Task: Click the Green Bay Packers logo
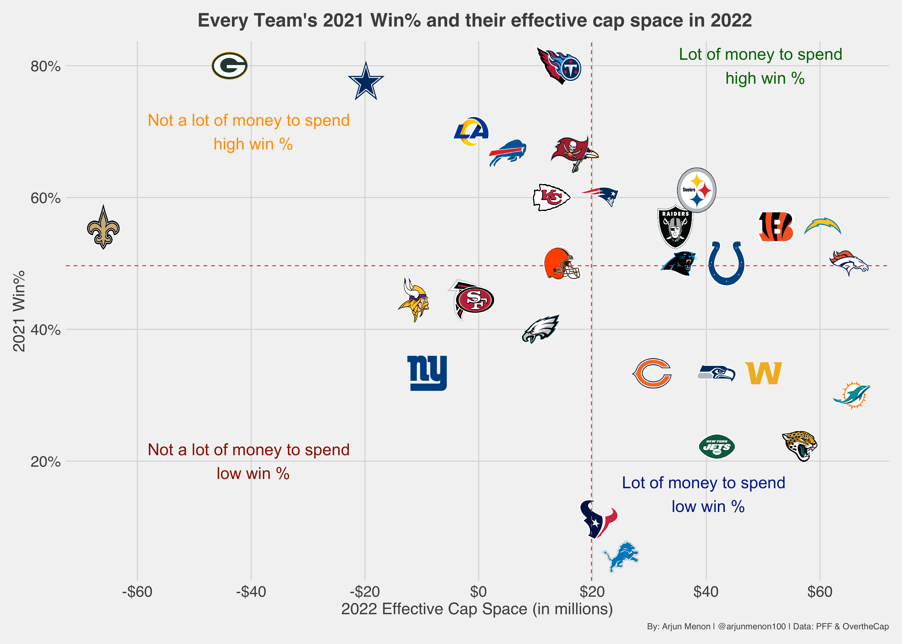[229, 66]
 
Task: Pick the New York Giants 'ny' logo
[427, 373]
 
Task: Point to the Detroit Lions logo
[621, 556]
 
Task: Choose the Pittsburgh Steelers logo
[696, 190]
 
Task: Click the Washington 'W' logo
[763, 373]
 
